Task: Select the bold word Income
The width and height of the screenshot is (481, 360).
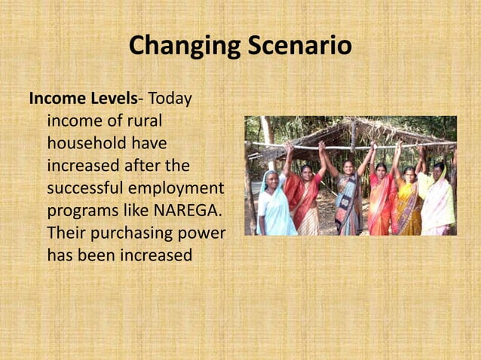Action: [x=56, y=99]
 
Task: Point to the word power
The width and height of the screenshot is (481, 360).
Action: [x=203, y=232]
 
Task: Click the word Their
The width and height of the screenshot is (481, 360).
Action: [x=66, y=232]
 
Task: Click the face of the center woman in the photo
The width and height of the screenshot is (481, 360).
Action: [x=348, y=166]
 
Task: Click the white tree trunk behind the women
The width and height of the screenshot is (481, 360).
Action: [x=267, y=136]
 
